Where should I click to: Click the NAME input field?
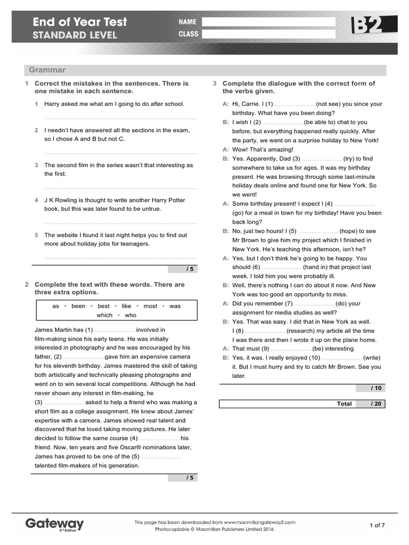point(269,22)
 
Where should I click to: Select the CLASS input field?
point(269,34)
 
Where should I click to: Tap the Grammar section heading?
point(47,70)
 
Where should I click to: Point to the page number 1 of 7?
point(377,525)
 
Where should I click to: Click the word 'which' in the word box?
point(104,315)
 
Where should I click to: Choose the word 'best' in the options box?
point(104,306)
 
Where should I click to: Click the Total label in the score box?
point(344,404)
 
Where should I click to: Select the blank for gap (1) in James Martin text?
point(114,330)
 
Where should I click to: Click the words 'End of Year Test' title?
point(80,22)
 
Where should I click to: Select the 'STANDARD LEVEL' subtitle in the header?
point(75,36)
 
